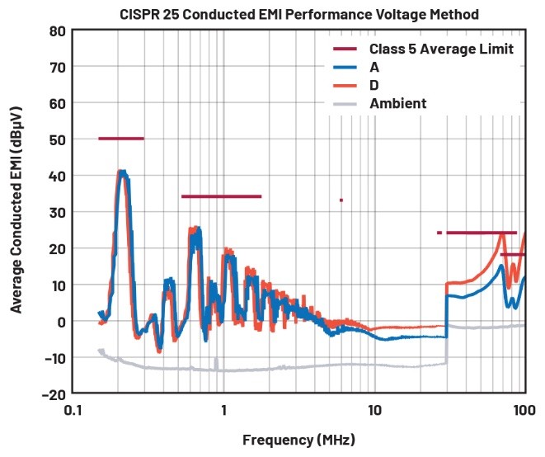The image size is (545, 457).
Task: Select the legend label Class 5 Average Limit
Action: click(441, 49)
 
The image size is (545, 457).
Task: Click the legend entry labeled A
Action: click(375, 68)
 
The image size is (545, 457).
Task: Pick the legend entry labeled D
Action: click(375, 86)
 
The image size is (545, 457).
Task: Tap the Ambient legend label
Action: click(398, 104)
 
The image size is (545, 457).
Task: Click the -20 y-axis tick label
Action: click(52, 393)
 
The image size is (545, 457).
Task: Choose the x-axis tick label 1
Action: click(223, 409)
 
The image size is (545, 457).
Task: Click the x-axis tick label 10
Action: click(374, 409)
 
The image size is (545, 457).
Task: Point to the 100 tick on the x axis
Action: click(523, 409)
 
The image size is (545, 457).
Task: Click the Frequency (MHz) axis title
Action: click(299, 440)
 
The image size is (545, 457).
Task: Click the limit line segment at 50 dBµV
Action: click(120, 139)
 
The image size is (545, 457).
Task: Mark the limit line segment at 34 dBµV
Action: click(221, 196)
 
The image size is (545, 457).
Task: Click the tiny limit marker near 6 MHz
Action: click(341, 200)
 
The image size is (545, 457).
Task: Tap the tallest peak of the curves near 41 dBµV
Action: click(122, 172)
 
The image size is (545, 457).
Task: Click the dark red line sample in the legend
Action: click(345, 49)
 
